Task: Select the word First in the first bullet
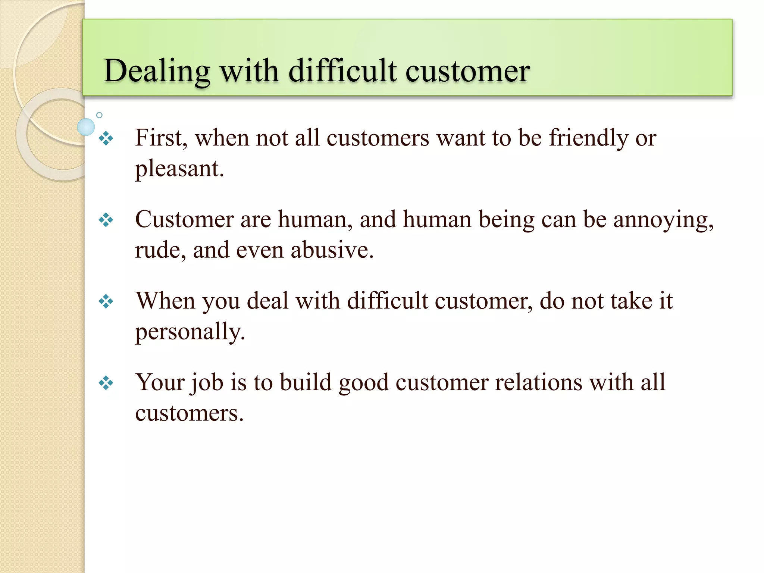(160, 138)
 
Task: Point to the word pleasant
(179, 169)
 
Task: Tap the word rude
(160, 250)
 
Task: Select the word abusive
(332, 250)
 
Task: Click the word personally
(190, 332)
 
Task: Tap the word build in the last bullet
(306, 382)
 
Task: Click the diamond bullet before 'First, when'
(106, 139)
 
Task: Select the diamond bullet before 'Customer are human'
(106, 220)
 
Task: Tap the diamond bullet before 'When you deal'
(106, 301)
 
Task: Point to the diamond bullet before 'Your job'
(106, 383)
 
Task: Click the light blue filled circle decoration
(86, 127)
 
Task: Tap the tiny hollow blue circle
(99, 115)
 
